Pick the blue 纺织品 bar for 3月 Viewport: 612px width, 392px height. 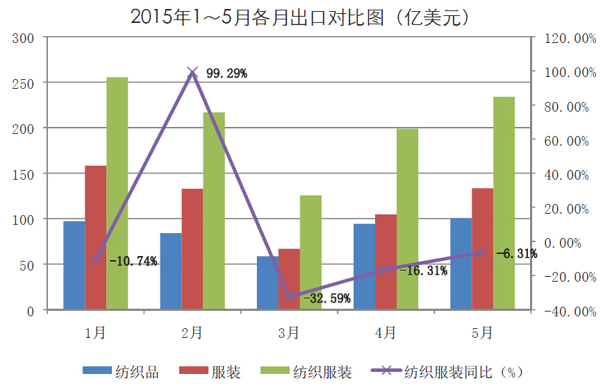coord(267,282)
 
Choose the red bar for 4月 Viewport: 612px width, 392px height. coord(386,262)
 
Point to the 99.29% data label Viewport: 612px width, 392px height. coord(226,73)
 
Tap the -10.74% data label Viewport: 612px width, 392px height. coord(133,262)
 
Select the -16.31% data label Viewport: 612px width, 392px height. coord(423,271)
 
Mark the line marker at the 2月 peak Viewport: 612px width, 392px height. coord(192,71)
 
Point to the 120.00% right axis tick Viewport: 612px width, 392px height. coord(570,39)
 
